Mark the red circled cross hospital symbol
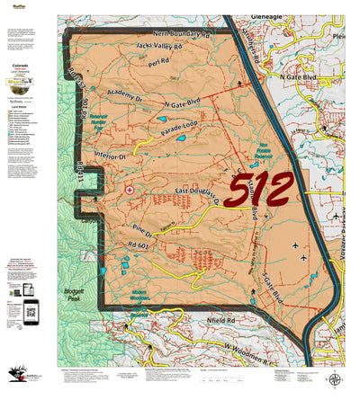130,191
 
